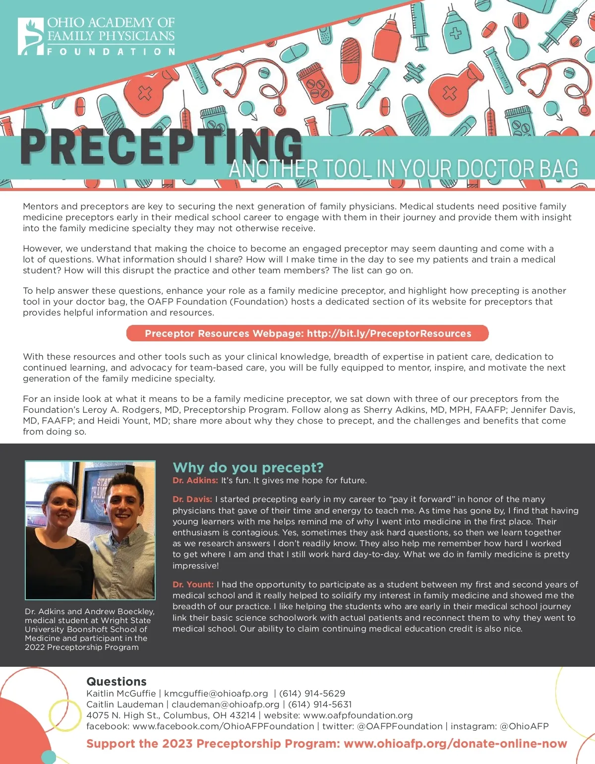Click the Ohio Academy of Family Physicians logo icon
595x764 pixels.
[x=31, y=36]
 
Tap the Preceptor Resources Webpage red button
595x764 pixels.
[x=307, y=333]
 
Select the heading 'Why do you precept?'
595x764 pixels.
[x=248, y=467]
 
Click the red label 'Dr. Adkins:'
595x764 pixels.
[x=195, y=480]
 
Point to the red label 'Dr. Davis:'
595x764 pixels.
[x=192, y=499]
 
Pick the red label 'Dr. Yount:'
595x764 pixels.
[x=193, y=584]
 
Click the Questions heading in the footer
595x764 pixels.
[x=117, y=682]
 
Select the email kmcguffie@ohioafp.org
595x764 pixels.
[x=216, y=694]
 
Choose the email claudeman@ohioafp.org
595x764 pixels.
[x=225, y=704]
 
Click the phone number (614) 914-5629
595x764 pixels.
[x=312, y=694]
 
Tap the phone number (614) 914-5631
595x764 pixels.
[x=320, y=704]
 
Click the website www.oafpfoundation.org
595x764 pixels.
[x=358, y=715]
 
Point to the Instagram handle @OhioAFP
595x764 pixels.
[x=524, y=726]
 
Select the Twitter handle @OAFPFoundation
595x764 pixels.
[x=400, y=726]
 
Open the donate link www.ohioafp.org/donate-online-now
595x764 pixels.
[x=455, y=744]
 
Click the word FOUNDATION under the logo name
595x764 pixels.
[x=111, y=52]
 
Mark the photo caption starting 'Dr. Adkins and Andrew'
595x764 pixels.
[x=90, y=629]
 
